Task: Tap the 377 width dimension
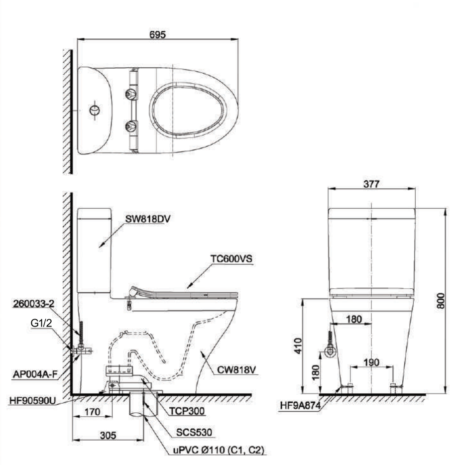(371, 184)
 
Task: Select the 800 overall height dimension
(441, 300)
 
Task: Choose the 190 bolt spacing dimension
(371, 363)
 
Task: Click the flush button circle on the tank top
(94, 110)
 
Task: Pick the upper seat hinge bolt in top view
(131, 93)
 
